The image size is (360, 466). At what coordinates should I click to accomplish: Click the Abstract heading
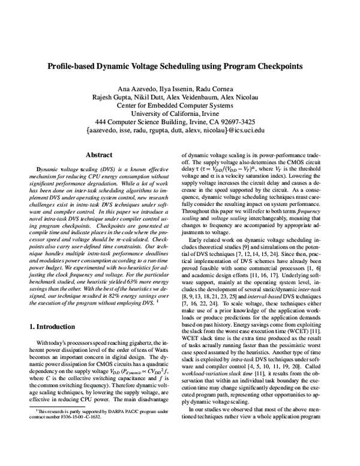pyautogui.click(x=99, y=154)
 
